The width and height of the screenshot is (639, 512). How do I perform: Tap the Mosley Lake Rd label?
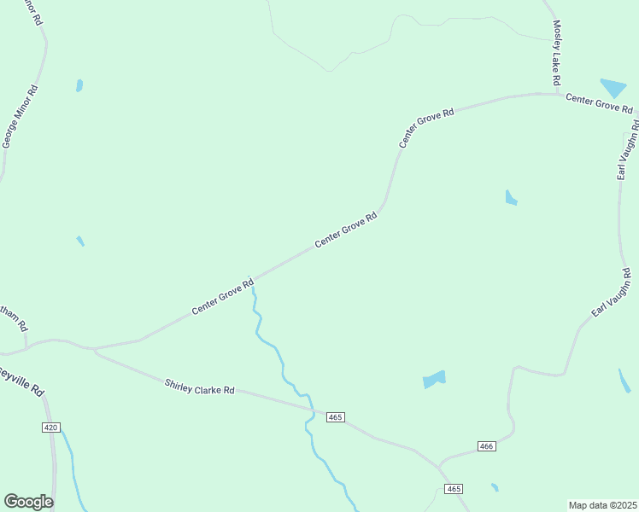pyautogui.click(x=556, y=52)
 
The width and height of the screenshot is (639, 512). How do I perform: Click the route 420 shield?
pyautogui.click(x=50, y=427)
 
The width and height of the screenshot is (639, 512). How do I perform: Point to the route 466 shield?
pyautogui.click(x=486, y=446)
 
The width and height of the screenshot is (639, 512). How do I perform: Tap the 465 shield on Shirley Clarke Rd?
pyautogui.click(x=335, y=416)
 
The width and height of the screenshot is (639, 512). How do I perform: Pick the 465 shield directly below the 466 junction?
pyautogui.click(x=454, y=488)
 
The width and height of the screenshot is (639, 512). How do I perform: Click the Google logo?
pyautogui.click(x=28, y=502)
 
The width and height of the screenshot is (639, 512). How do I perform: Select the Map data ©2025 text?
pyautogui.click(x=602, y=504)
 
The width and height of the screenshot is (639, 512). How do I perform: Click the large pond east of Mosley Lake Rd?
pyautogui.click(x=613, y=87)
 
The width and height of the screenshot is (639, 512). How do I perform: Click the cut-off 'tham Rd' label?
pyautogui.click(x=15, y=321)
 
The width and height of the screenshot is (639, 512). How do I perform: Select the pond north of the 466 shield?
pyautogui.click(x=435, y=379)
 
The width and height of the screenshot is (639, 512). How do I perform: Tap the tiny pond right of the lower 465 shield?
pyautogui.click(x=495, y=487)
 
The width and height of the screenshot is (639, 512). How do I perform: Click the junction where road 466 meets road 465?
pyautogui.click(x=439, y=466)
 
